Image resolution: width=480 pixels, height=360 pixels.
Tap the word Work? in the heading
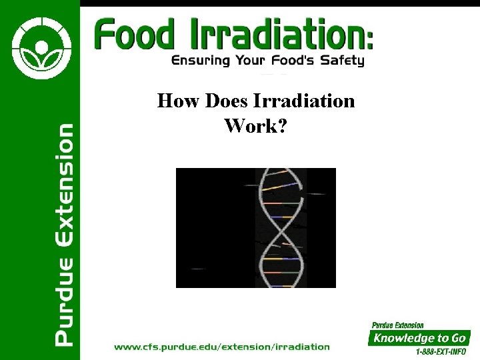pyautogui.click(x=256, y=125)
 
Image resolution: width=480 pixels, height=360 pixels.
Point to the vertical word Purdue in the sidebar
pyautogui.click(x=64, y=303)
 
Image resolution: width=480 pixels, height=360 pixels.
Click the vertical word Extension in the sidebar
pyautogui.click(x=64, y=184)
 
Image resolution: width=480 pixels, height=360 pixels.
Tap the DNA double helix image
pyautogui.click(x=256, y=227)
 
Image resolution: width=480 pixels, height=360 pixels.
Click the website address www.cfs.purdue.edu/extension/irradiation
pyautogui.click(x=222, y=347)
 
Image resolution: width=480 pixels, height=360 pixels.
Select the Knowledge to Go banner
pyautogui.click(x=420, y=338)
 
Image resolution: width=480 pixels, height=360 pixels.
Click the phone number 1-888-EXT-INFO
pyautogui.click(x=440, y=351)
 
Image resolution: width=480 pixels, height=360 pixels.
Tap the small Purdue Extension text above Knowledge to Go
pyautogui.click(x=397, y=325)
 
